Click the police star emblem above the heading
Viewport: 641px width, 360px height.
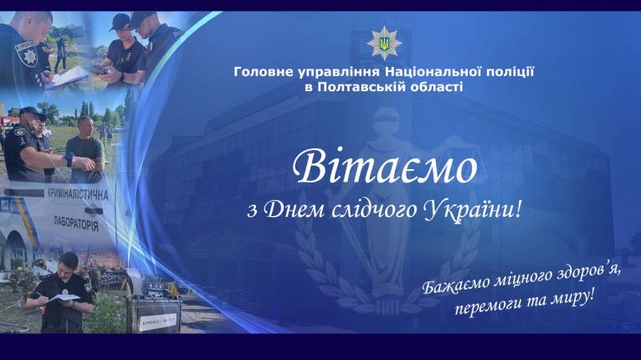point(384,43)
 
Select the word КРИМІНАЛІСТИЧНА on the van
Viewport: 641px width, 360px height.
point(78,194)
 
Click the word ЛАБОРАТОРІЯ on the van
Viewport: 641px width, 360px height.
point(76,224)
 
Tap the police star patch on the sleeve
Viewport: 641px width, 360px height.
point(27,54)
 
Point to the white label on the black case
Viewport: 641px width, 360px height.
point(159,322)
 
